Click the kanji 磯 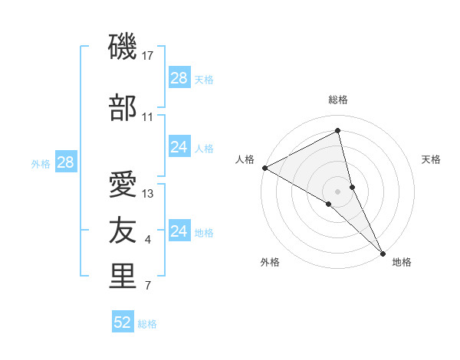(123, 49)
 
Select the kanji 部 (123, 108)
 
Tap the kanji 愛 (123, 185)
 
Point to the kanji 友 (123, 230)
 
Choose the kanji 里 (123, 277)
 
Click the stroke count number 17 (149, 56)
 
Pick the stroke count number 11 (148, 117)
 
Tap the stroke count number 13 (148, 194)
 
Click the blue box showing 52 (123, 322)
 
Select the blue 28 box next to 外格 (65, 162)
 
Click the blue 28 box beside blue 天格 (179, 77)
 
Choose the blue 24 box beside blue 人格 (179, 147)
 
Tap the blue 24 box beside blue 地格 (179, 231)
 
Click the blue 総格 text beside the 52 (147, 324)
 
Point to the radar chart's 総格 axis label (338, 100)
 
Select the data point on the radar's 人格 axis (264, 168)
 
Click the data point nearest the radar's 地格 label (383, 252)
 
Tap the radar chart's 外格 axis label (270, 263)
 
